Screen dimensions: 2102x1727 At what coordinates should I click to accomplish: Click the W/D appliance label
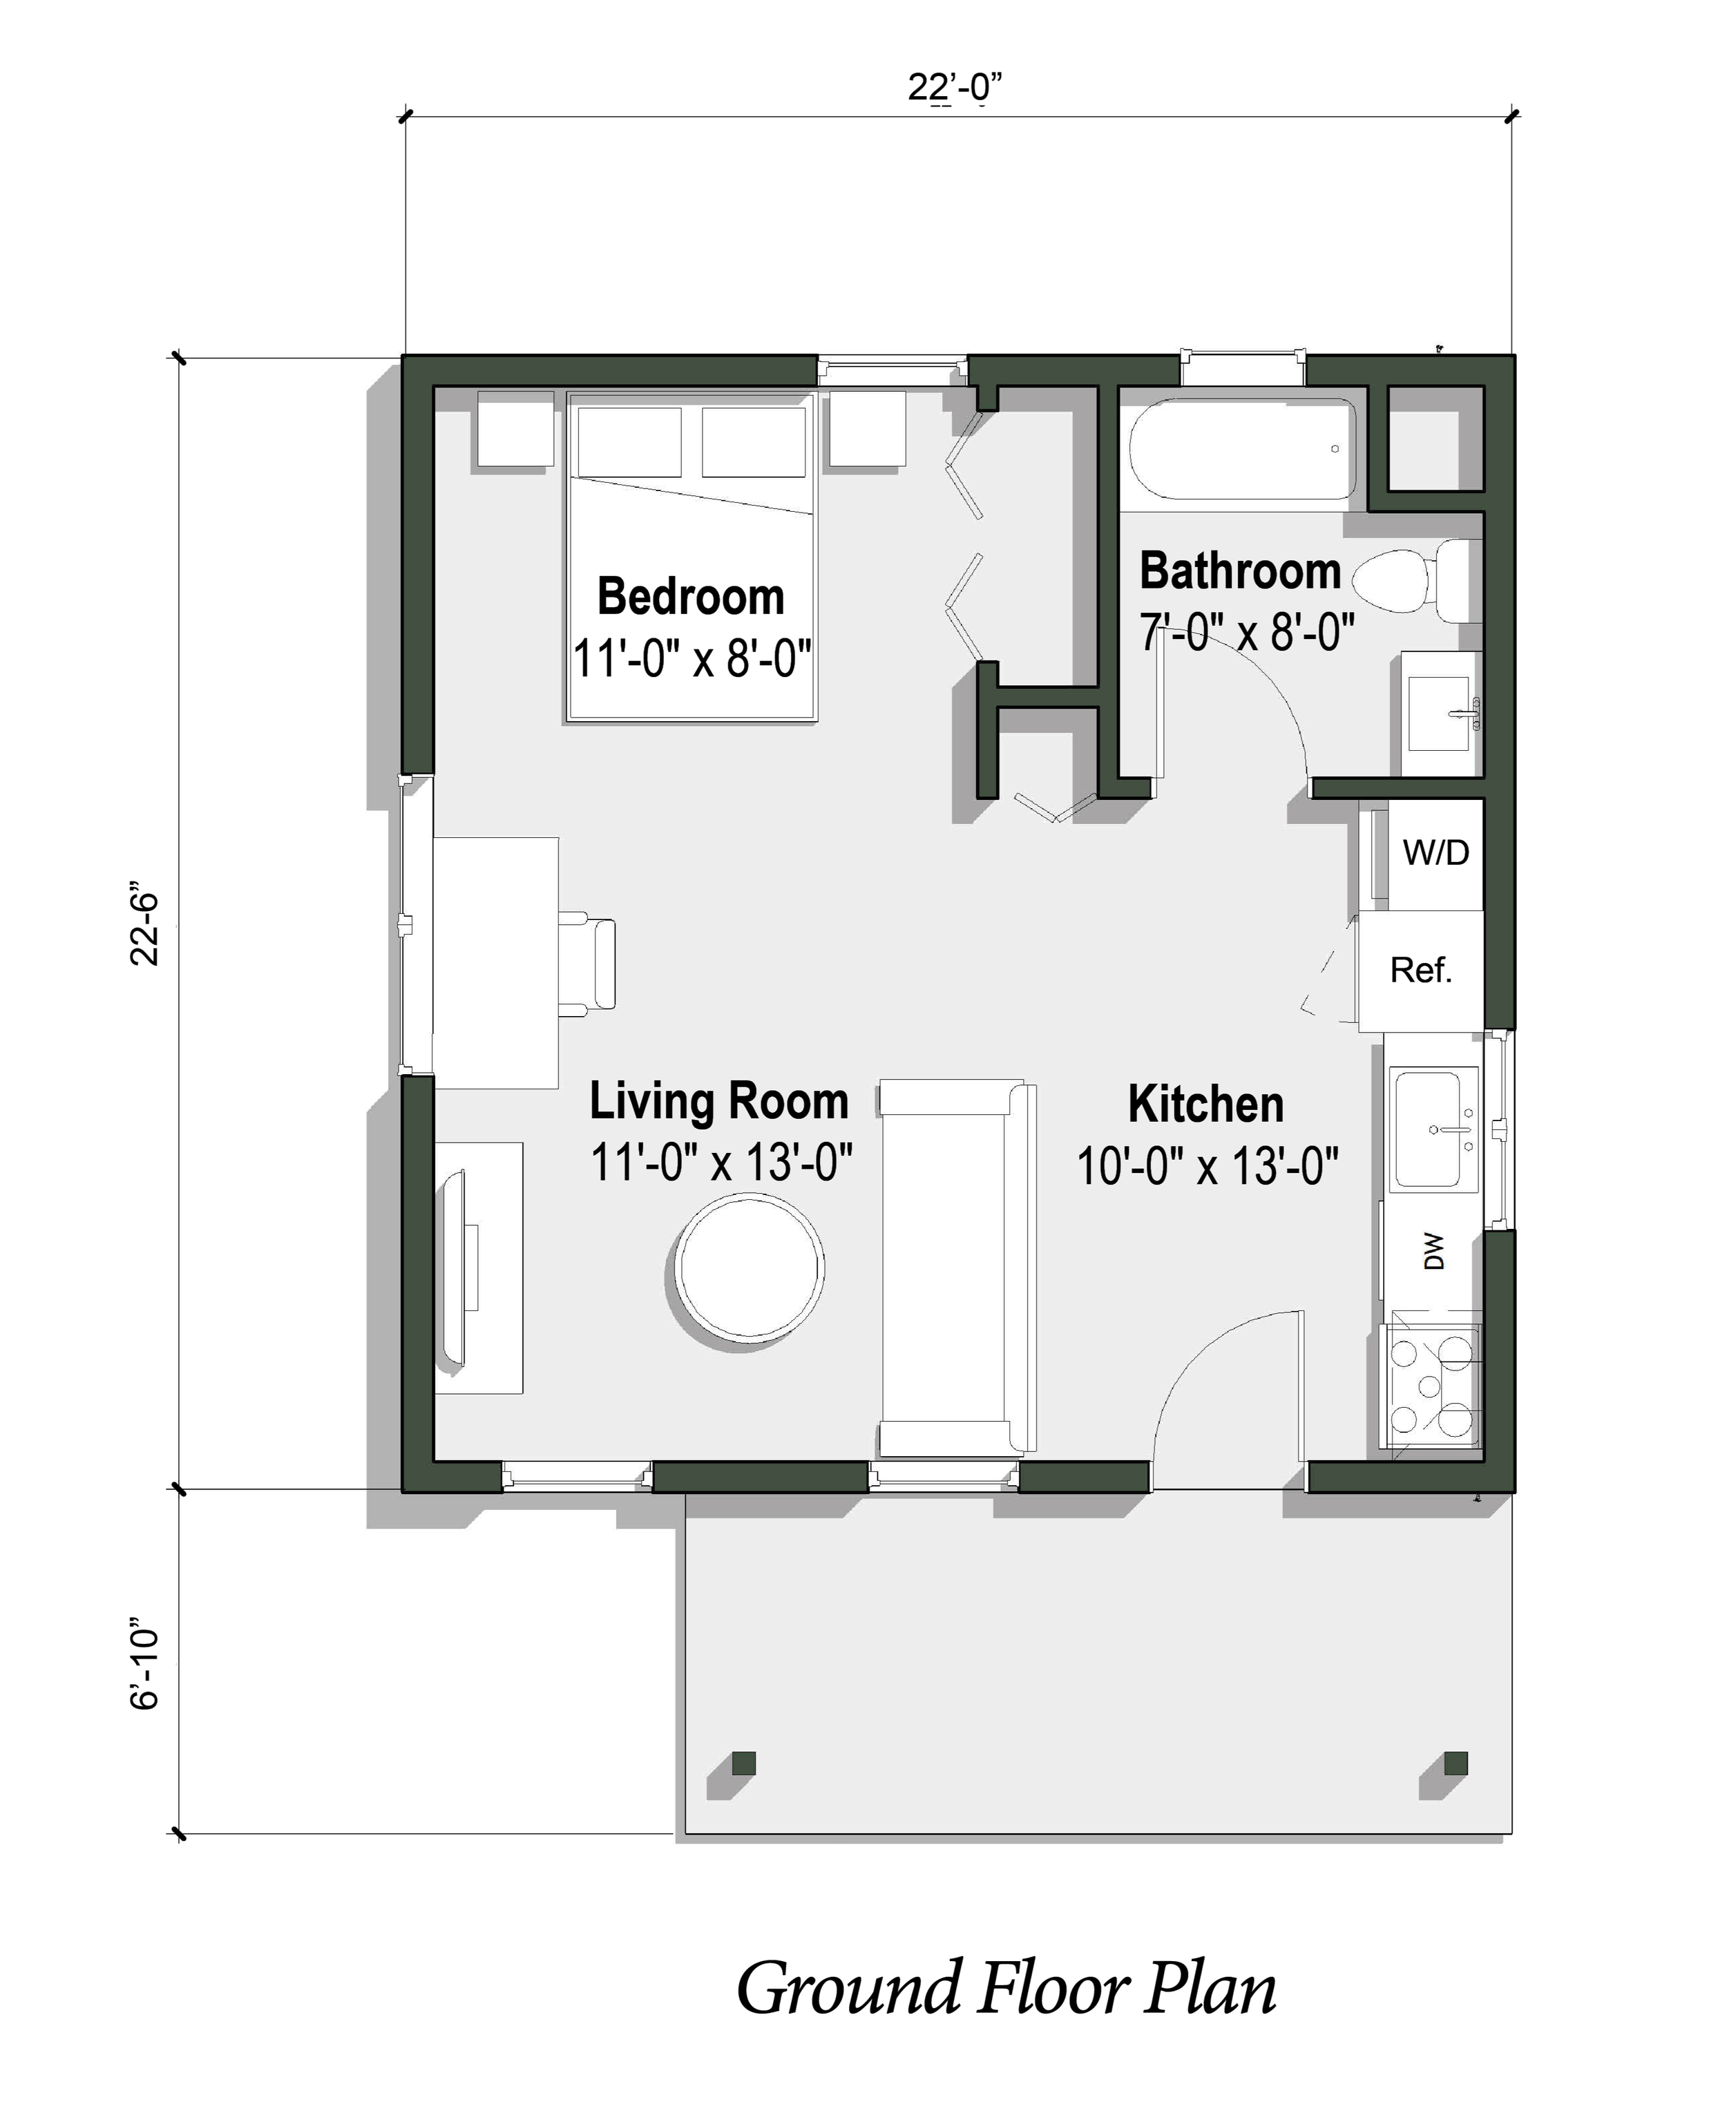click(x=1435, y=852)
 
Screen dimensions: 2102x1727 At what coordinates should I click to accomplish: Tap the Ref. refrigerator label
click(x=1420, y=970)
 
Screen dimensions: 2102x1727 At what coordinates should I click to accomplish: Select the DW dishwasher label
click(x=1433, y=1252)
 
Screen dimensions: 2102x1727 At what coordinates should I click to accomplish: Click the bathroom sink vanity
click(x=1440, y=714)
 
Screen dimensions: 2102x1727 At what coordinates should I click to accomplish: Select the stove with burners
click(x=1431, y=1385)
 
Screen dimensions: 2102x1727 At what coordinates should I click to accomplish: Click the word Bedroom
click(x=690, y=597)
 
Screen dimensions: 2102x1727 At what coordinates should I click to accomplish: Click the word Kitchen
click(x=1205, y=1105)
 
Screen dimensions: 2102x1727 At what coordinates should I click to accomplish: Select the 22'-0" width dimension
click(x=953, y=88)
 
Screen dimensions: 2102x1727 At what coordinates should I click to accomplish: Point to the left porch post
click(x=743, y=1764)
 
